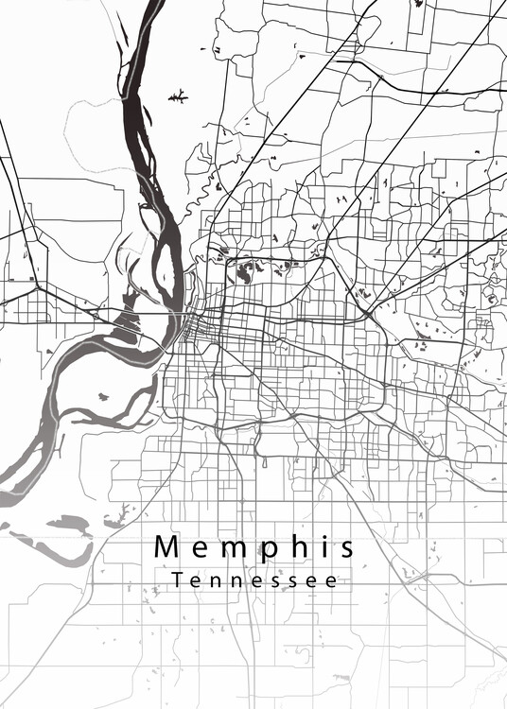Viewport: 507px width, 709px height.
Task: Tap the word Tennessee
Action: (x=254, y=580)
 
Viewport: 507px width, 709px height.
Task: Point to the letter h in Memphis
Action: (x=300, y=547)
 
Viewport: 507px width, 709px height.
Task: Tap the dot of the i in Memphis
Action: (x=323, y=538)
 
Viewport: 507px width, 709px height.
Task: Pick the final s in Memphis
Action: (x=346, y=549)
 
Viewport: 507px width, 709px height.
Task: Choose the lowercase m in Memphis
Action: (x=232, y=549)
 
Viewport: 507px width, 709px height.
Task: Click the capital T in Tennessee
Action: (x=179, y=579)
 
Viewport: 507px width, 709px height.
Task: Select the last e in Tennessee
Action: (x=331, y=581)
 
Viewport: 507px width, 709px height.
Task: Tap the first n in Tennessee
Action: (x=218, y=581)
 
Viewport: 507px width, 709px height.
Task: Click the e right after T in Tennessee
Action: (x=198, y=581)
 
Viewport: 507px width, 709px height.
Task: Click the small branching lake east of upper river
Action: (x=177, y=95)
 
